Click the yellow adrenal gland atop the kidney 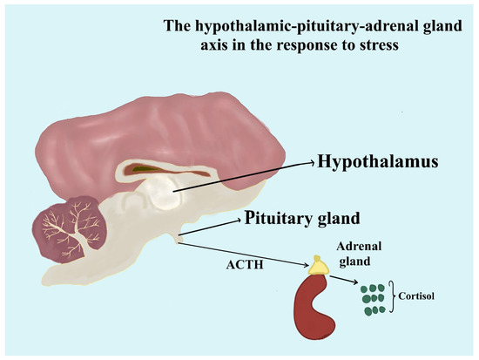point(316,263)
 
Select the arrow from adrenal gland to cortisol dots point(343,277)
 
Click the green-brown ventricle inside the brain point(157,168)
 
